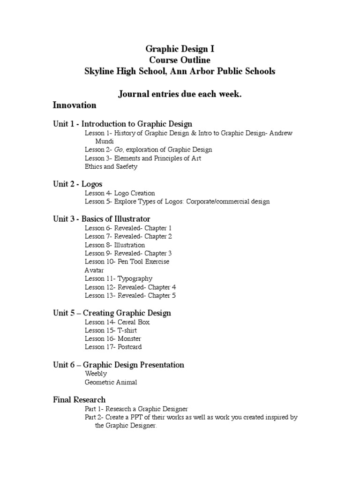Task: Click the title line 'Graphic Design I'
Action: pos(180,48)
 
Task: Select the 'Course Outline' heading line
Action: pos(180,60)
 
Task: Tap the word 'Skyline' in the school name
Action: pos(98,71)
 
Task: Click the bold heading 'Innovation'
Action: pos(75,105)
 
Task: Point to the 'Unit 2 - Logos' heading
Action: pos(77,184)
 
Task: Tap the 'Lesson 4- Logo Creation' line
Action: pos(120,193)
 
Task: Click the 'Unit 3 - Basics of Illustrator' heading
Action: pos(102,219)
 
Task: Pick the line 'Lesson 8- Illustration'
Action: pos(115,245)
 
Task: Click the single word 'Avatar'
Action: pos(94,270)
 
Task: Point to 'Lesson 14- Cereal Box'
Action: pos(117,322)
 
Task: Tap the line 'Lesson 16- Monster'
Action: pos(112,338)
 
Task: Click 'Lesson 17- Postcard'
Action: pos(113,347)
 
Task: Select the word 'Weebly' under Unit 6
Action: pos(96,374)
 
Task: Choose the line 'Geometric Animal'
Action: pos(111,382)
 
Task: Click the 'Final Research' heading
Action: pos(79,399)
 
